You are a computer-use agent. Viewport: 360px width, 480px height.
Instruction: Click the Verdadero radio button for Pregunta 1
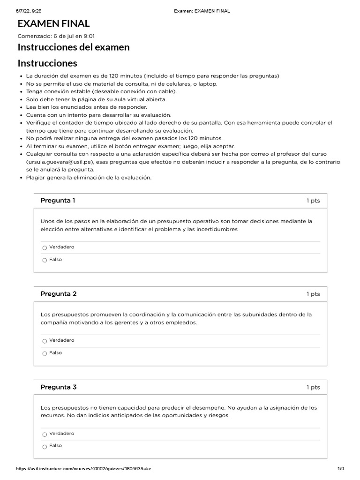(x=45, y=247)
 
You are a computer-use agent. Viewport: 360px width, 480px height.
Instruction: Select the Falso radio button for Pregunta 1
(x=45, y=260)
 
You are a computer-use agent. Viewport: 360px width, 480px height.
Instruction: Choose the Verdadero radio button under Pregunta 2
(x=45, y=341)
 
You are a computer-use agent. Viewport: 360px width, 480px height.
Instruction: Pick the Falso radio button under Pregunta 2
(x=45, y=353)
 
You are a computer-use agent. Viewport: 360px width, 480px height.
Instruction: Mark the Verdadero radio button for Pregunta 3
(x=45, y=434)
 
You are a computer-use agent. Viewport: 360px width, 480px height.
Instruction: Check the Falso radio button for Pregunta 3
(x=45, y=447)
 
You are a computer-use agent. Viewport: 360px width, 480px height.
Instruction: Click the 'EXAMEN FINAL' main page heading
(x=53, y=23)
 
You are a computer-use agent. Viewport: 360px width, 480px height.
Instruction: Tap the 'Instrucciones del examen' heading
(x=74, y=47)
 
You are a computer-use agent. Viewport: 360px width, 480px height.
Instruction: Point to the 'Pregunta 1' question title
(x=58, y=201)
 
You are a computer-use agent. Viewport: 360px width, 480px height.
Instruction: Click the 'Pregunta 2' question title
(x=59, y=294)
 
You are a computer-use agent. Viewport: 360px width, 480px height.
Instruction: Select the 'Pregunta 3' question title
(x=59, y=387)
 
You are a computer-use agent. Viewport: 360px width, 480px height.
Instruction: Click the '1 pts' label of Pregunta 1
(x=313, y=201)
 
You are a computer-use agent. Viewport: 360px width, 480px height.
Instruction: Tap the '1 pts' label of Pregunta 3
(x=313, y=387)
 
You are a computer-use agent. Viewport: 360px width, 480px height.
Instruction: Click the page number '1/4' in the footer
(x=341, y=469)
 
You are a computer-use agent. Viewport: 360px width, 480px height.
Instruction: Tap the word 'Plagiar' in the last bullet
(x=35, y=177)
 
